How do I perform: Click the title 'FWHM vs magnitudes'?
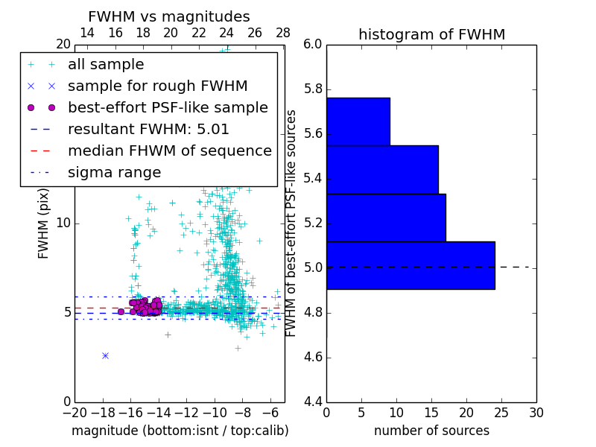[169, 17]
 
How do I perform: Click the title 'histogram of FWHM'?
[431, 35]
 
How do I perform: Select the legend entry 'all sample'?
[106, 65]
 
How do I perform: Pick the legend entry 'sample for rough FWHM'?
[157, 86]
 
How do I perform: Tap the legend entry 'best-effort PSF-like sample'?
[168, 107]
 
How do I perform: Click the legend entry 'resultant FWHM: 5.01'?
[148, 129]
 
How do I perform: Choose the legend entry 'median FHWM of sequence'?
[169, 150]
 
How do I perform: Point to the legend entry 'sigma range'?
[114, 172]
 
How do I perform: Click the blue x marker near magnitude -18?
[105, 355]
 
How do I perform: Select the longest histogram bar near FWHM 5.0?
[410, 265]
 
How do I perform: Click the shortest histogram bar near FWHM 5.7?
[358, 121]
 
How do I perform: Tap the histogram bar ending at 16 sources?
[382, 170]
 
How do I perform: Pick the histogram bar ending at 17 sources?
[386, 218]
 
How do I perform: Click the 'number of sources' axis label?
[431, 431]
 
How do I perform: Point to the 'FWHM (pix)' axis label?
[44, 223]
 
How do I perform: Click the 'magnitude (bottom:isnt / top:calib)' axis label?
[180, 431]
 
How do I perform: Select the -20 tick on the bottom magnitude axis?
[74, 413]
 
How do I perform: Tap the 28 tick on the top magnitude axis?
[283, 33]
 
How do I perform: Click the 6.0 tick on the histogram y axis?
[313, 45]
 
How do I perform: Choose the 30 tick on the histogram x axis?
[536, 413]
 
